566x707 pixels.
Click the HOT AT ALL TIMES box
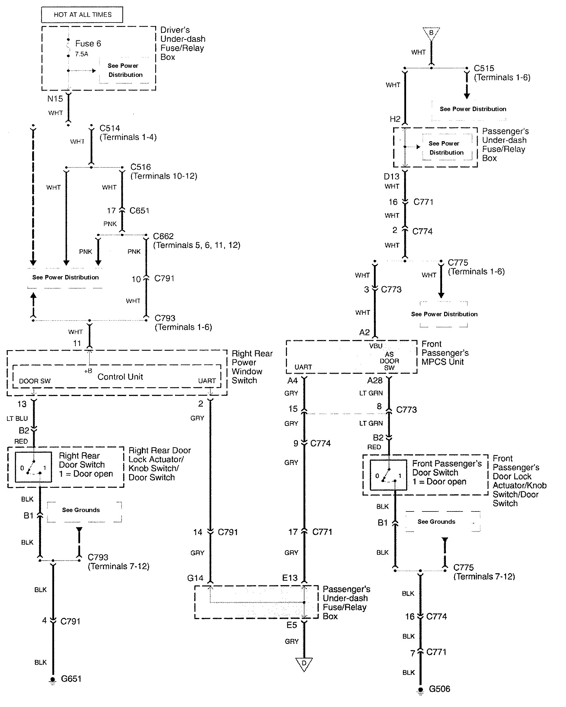[82, 15]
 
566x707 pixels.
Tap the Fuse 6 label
[88, 44]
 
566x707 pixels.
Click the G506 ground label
[439, 689]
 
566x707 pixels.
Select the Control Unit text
[120, 376]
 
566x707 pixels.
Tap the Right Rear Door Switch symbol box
[33, 467]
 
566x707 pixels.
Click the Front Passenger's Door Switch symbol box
[388, 475]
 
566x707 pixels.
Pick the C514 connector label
[110, 128]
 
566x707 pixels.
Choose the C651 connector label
[139, 210]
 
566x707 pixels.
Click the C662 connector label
[163, 236]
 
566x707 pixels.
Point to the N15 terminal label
[55, 99]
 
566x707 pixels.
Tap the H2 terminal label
[395, 119]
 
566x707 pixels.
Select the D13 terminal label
[391, 177]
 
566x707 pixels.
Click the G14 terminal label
[195, 578]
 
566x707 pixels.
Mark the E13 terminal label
[290, 578]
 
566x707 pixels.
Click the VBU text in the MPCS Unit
[376, 346]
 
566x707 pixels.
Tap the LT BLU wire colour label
[17, 419]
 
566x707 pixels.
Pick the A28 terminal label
[375, 381]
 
